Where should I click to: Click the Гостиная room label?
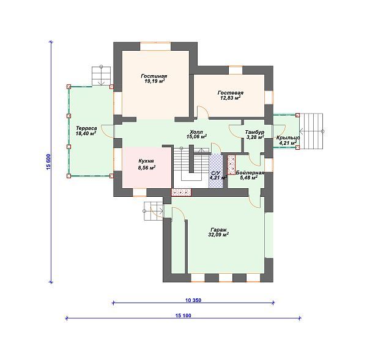[x=154, y=76]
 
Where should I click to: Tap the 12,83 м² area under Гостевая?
[x=231, y=98]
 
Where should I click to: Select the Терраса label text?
[x=86, y=128]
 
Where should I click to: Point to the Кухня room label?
[x=146, y=161]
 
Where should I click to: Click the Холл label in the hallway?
[x=196, y=131]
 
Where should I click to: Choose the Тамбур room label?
[x=254, y=133]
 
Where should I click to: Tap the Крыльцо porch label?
[x=288, y=138]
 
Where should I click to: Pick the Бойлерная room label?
[x=250, y=173]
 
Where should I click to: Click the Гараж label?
[x=218, y=229]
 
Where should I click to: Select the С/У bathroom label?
[x=216, y=173]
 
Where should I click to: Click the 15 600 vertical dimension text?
[x=48, y=162]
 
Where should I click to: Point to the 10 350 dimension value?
[x=193, y=300]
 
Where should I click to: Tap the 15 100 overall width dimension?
[x=183, y=315]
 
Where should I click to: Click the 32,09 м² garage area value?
[x=218, y=234]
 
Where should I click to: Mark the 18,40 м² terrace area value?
[x=86, y=133]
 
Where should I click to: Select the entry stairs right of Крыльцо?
[x=311, y=131]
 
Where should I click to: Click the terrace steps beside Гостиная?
[x=101, y=76]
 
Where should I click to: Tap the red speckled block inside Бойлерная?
[x=231, y=165]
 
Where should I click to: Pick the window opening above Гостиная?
[x=155, y=46]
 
